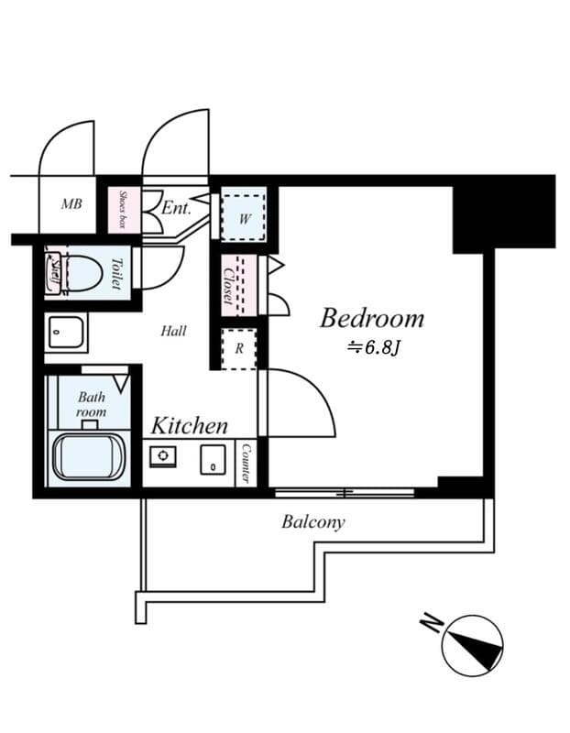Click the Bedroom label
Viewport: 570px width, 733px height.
[x=371, y=318]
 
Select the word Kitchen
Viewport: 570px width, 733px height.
[x=190, y=425]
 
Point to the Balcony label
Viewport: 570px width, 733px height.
[x=313, y=522]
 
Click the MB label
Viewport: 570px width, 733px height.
[x=71, y=203]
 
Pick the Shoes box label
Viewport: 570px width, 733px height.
[x=122, y=210]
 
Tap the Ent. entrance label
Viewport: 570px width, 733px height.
[x=176, y=208]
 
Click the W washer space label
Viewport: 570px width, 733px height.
[x=245, y=219]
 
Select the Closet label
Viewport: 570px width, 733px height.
[x=228, y=285]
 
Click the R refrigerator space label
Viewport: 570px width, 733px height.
[x=238, y=348]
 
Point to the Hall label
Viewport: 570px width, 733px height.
[x=173, y=331]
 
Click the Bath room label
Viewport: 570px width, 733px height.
[x=92, y=405]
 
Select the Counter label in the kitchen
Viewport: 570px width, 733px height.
[x=246, y=464]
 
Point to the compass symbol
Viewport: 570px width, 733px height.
[x=473, y=645]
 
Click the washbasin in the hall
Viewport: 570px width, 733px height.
[x=65, y=332]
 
